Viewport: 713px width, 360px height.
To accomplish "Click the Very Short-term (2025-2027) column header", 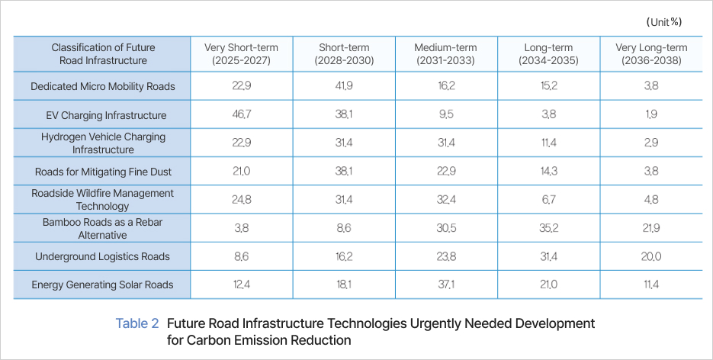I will point(241,53).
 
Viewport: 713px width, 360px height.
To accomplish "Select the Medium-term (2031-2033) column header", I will point(445,53).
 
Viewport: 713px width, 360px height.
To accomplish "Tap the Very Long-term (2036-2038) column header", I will point(650,53).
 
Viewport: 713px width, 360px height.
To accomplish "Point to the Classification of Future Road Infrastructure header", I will point(103,53).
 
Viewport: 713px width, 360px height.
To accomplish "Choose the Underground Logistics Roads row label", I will point(102,256).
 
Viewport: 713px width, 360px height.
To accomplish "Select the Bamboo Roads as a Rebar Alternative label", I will point(102,227).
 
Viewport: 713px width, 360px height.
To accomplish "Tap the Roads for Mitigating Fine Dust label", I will point(102,172).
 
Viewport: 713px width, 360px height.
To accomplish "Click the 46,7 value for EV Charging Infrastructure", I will point(241,115).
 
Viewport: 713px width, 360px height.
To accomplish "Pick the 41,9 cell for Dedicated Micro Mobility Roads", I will point(343,86).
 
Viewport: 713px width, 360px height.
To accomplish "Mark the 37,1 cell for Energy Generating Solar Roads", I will point(445,284).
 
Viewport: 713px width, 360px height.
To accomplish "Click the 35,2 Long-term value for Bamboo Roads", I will point(548,228).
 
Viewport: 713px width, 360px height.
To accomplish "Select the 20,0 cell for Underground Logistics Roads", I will point(650,256).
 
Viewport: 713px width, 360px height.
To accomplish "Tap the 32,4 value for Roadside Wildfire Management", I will point(445,200).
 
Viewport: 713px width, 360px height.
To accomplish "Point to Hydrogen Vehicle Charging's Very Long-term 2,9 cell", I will point(650,143).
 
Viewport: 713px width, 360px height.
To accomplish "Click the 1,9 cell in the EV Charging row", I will point(650,115).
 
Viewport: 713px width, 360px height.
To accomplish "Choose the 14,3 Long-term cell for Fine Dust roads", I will point(548,172).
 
